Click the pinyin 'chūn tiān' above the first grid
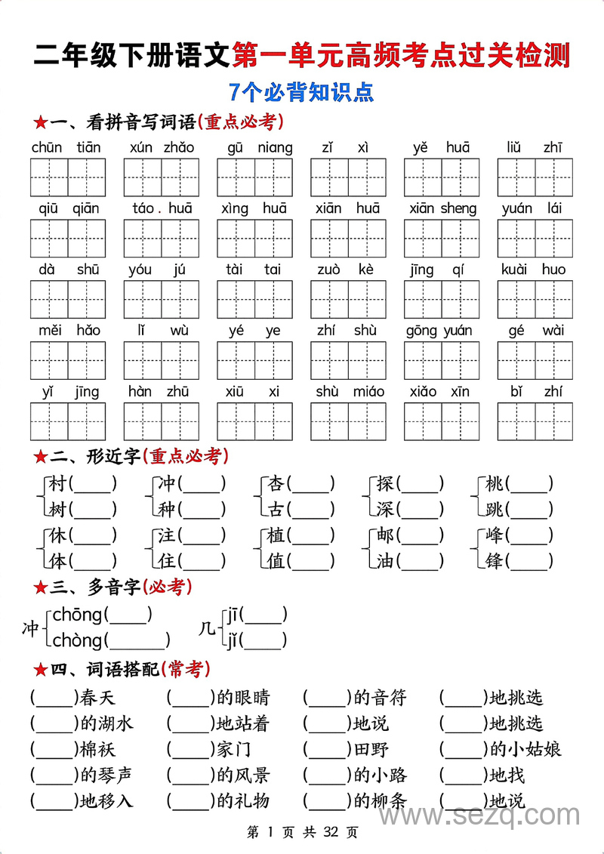(x=67, y=148)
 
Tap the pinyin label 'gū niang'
(x=254, y=148)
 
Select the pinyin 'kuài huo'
(x=534, y=270)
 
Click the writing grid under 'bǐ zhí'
(x=535, y=421)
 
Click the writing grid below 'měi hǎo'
(x=68, y=360)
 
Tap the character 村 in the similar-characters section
(x=57, y=484)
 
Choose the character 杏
(x=276, y=484)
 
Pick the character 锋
(x=495, y=561)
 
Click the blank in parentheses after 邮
(x=420, y=535)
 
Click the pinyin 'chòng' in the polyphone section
(x=77, y=641)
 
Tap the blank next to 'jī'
(x=263, y=615)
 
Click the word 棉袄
(x=97, y=750)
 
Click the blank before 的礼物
(x=190, y=801)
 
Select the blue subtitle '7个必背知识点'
(x=302, y=93)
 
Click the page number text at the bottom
(x=302, y=833)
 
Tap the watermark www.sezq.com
(x=480, y=815)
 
